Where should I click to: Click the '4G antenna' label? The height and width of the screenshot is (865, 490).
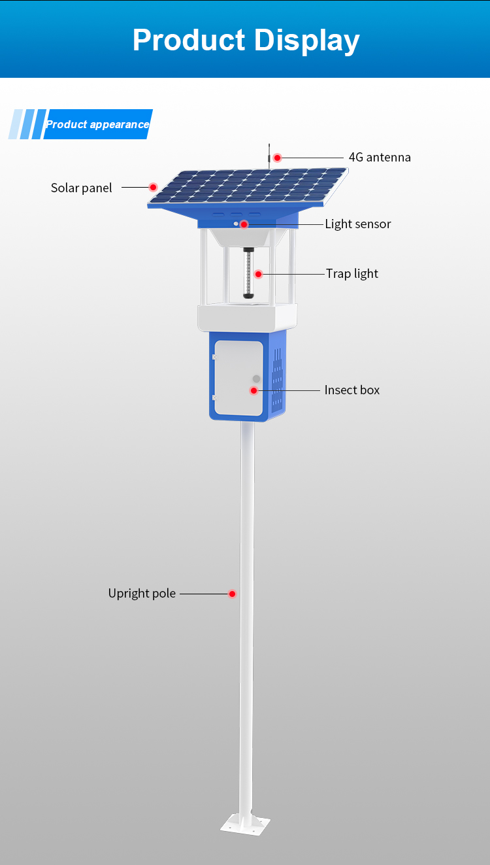[380, 158]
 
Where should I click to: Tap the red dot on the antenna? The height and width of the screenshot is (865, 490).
[277, 158]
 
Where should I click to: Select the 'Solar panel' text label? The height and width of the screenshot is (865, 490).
[82, 188]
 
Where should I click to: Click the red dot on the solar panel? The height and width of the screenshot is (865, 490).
[153, 187]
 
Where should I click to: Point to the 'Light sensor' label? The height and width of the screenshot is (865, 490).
[358, 224]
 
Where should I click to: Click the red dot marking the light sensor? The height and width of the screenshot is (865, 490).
[244, 224]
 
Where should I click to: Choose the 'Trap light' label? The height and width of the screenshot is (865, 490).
[352, 274]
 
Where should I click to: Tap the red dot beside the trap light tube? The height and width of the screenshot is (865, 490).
[258, 274]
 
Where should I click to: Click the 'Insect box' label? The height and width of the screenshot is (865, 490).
[352, 390]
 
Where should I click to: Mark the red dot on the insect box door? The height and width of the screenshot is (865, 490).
[253, 390]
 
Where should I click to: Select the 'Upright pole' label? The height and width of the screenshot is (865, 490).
[142, 594]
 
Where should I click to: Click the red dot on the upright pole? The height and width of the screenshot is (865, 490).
[232, 594]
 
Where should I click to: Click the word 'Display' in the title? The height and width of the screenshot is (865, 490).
[306, 40]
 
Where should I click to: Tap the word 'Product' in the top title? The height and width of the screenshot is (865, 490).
[189, 40]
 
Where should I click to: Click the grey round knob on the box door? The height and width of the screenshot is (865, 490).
[256, 379]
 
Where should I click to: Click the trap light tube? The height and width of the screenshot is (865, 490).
[248, 274]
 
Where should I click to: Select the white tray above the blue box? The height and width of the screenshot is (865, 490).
[247, 317]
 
